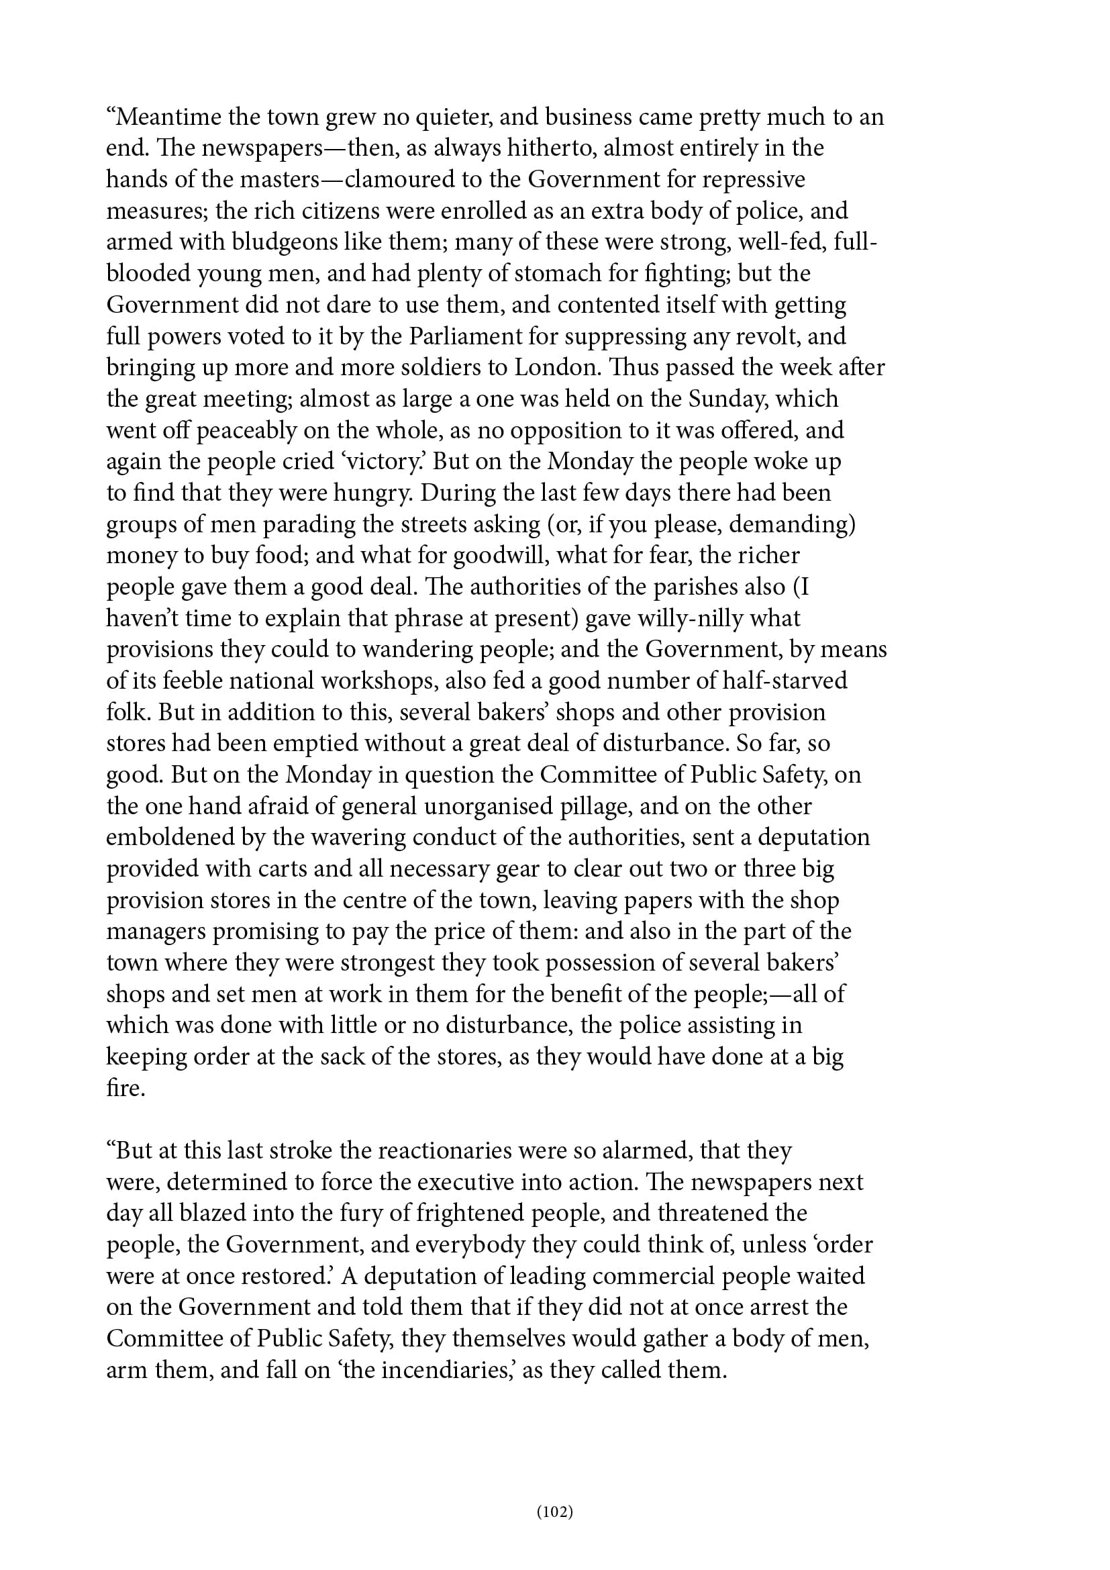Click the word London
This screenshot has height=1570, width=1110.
[x=553, y=368]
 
